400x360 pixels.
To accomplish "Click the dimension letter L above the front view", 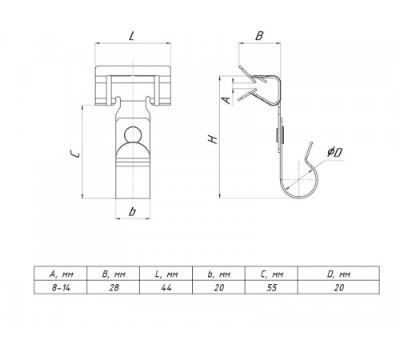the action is [131, 36].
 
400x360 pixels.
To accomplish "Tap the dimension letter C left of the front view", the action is [74, 154].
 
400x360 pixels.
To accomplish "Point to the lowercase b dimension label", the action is [132, 211].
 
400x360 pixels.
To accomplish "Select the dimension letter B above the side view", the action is [259, 36].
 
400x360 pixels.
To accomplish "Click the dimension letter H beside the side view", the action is [213, 139].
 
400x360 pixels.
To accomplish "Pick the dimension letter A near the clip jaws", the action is [226, 100].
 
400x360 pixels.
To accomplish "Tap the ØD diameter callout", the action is [335, 152].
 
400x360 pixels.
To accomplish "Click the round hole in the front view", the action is [133, 134].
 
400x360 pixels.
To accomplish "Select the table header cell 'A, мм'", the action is [61, 274].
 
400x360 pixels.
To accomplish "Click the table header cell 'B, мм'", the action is [114, 274].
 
